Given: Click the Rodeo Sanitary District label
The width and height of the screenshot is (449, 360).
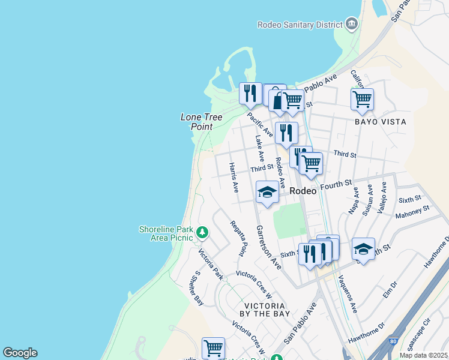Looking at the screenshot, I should [x=300, y=25].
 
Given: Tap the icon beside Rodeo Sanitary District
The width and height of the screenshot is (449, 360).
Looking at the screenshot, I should [x=352, y=25].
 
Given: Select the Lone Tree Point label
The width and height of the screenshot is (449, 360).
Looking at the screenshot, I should [x=198, y=122].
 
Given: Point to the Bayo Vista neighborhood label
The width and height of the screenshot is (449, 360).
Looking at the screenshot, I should [x=380, y=122].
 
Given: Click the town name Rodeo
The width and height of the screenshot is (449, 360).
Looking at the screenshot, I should [x=303, y=191].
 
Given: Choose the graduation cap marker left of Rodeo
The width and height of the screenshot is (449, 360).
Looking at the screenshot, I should [x=267, y=192].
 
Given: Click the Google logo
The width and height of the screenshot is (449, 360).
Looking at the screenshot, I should [x=20, y=353].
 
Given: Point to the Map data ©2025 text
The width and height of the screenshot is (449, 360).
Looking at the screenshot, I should [x=424, y=355].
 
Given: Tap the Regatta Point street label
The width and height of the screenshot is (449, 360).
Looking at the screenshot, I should [x=238, y=238].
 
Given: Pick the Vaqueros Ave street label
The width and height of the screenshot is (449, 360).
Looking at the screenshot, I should [x=347, y=294].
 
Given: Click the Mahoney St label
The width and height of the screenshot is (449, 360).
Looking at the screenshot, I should [x=414, y=211].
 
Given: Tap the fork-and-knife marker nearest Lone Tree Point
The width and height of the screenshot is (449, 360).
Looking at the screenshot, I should [x=250, y=94].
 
